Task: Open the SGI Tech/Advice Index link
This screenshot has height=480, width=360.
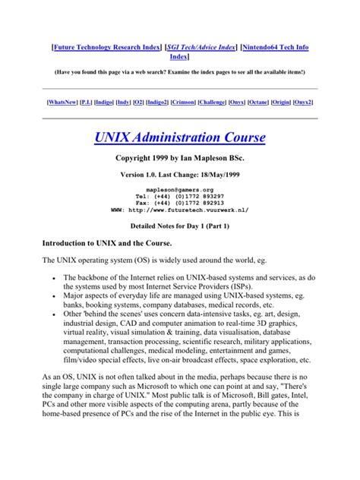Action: [200, 47]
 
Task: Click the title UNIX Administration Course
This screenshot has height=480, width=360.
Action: [180, 137]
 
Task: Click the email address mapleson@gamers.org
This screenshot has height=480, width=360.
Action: [180, 189]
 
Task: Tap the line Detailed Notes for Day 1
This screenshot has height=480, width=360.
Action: [180, 227]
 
